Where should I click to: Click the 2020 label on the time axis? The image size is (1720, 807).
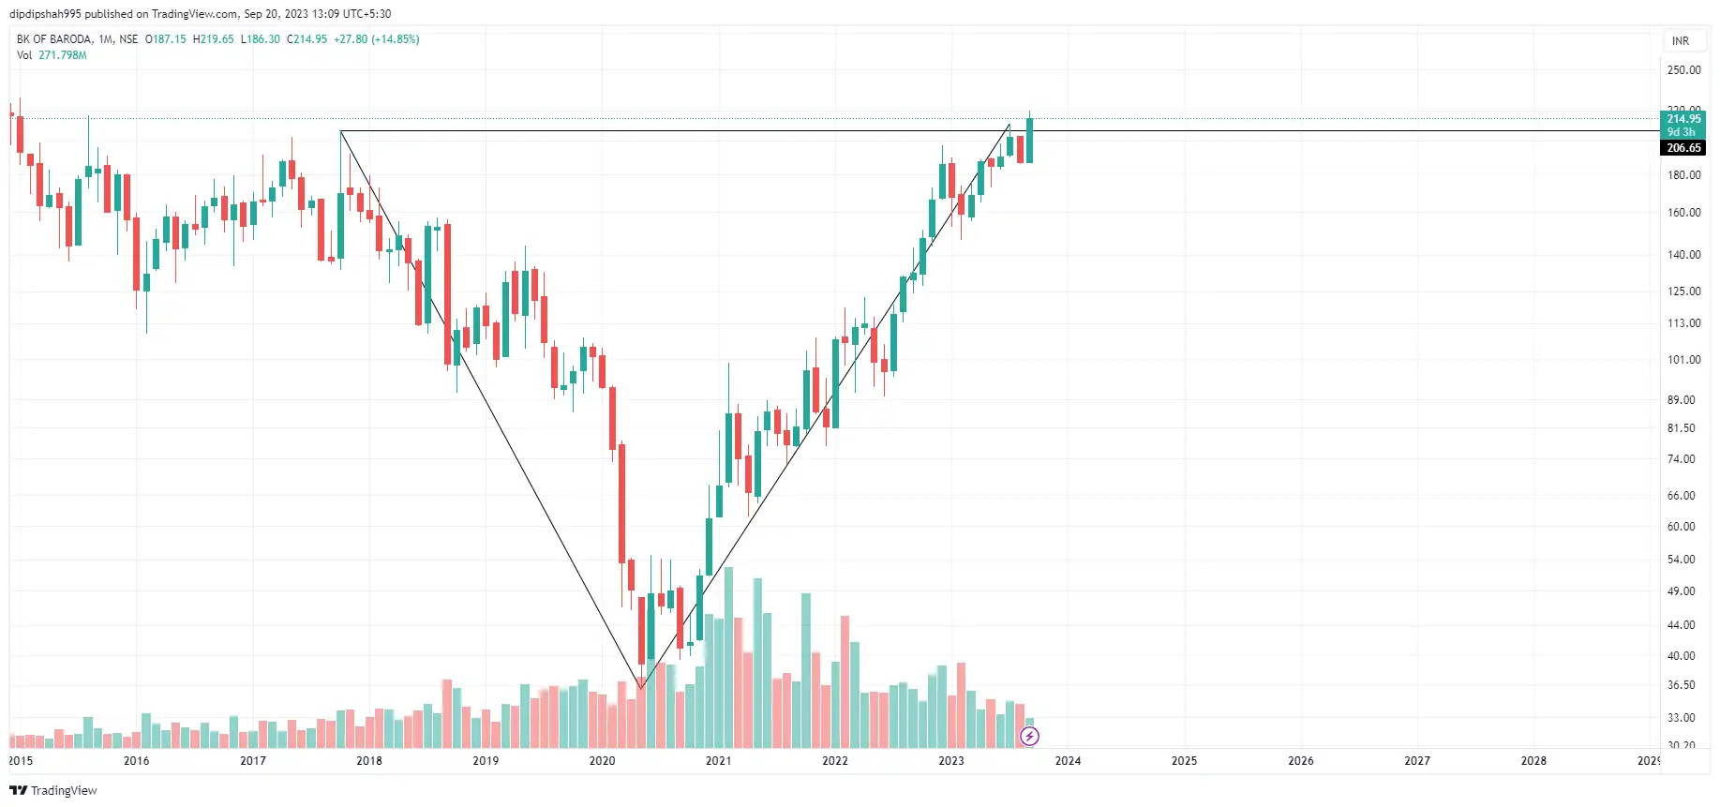pyautogui.click(x=602, y=761)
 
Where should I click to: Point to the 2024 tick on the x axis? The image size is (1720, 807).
pyautogui.click(x=1068, y=761)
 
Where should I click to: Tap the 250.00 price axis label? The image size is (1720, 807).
pyautogui.click(x=1683, y=70)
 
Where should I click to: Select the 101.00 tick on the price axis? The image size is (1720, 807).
pyautogui.click(x=1683, y=360)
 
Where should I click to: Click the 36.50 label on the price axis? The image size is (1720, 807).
pyautogui.click(x=1681, y=685)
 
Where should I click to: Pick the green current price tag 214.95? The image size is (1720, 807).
pyautogui.click(x=1683, y=119)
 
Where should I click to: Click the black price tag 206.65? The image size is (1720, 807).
pyautogui.click(x=1683, y=148)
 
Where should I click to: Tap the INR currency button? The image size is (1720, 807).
pyautogui.click(x=1681, y=41)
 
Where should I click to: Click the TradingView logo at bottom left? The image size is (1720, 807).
pyautogui.click(x=53, y=791)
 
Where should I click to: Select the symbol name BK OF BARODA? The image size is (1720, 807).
pyautogui.click(x=54, y=39)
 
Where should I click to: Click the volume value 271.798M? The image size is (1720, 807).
pyautogui.click(x=63, y=55)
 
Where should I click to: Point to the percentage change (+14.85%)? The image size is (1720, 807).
pyautogui.click(x=395, y=39)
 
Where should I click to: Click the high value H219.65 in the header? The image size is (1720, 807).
pyautogui.click(x=213, y=39)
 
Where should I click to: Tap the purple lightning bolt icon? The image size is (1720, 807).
pyautogui.click(x=1029, y=737)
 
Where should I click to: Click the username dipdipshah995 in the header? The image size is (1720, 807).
pyautogui.click(x=45, y=14)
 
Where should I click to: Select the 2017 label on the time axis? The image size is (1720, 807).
pyautogui.click(x=253, y=761)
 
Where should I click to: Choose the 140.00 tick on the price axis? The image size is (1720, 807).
pyautogui.click(x=1683, y=255)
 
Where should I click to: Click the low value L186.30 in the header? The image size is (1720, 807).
pyautogui.click(x=260, y=39)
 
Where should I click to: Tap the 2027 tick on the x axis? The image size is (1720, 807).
pyautogui.click(x=1417, y=761)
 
